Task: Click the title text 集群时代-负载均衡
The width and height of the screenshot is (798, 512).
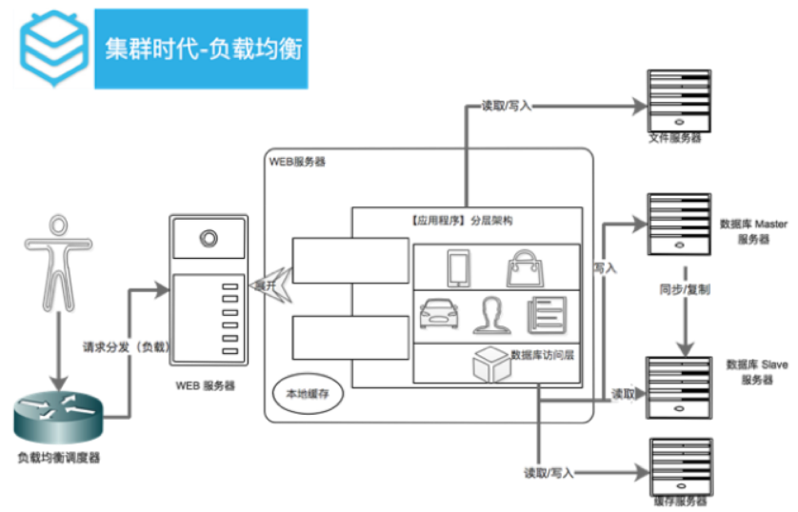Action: pos(203,49)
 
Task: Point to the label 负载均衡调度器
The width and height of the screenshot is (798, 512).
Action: pos(58,458)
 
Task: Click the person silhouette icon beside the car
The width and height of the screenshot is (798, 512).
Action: pos(491,313)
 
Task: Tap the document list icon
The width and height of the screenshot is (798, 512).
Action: pos(546,313)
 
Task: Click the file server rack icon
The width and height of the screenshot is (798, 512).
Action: pos(679,99)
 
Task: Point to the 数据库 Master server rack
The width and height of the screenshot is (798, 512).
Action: pos(679,224)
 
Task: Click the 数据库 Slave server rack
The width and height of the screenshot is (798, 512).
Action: pos(679,385)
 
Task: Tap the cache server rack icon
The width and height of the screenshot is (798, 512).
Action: pos(679,465)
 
